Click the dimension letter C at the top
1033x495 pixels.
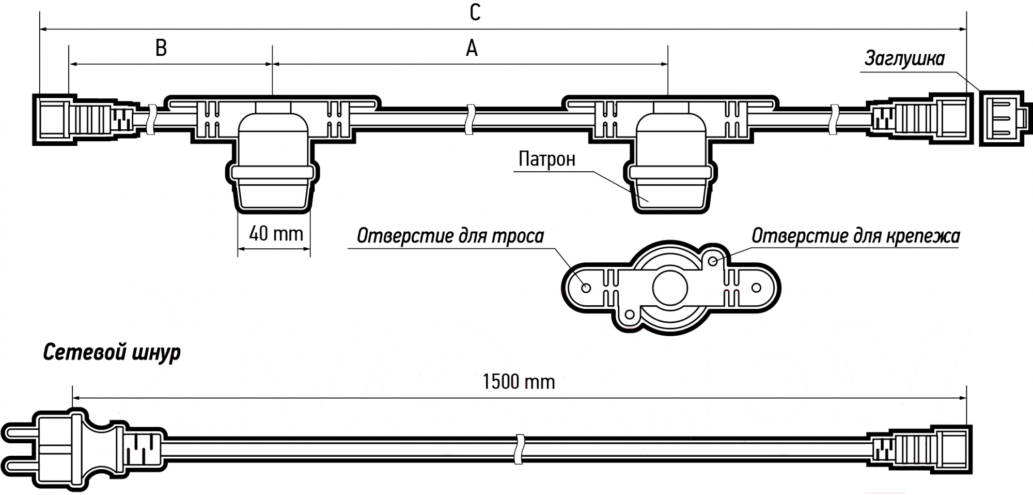click(x=475, y=12)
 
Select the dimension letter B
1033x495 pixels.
click(x=161, y=48)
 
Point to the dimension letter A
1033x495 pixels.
click(x=472, y=48)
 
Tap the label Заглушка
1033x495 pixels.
click(x=904, y=58)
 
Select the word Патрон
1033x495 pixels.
click(x=547, y=159)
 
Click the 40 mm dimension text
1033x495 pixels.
click(x=276, y=234)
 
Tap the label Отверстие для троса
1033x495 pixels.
click(x=450, y=236)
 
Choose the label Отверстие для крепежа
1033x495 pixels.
click(x=855, y=236)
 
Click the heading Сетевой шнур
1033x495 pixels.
click(x=112, y=353)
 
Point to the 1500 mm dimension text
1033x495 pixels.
click(x=519, y=382)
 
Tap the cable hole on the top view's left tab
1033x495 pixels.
click(x=586, y=288)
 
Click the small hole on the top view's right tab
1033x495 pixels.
click(x=756, y=288)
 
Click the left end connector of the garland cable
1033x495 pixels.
click(x=85, y=119)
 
